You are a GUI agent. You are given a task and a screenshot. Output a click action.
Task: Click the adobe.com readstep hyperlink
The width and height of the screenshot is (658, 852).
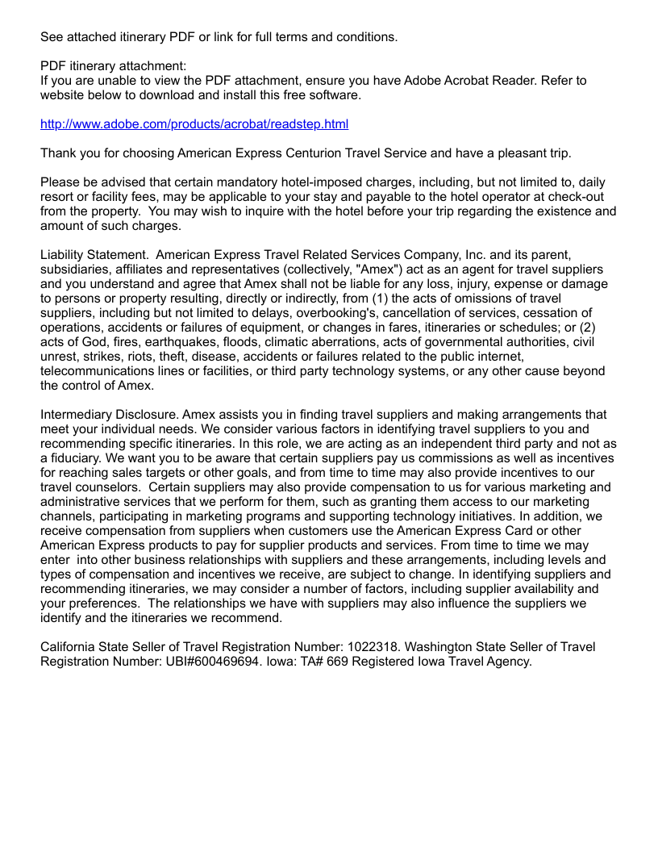point(194,124)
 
